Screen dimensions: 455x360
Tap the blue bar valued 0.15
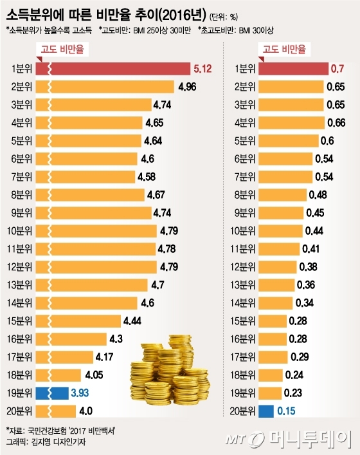(267, 410)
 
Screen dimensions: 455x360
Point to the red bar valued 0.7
(296, 69)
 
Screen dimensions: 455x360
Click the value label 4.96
(186, 86)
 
